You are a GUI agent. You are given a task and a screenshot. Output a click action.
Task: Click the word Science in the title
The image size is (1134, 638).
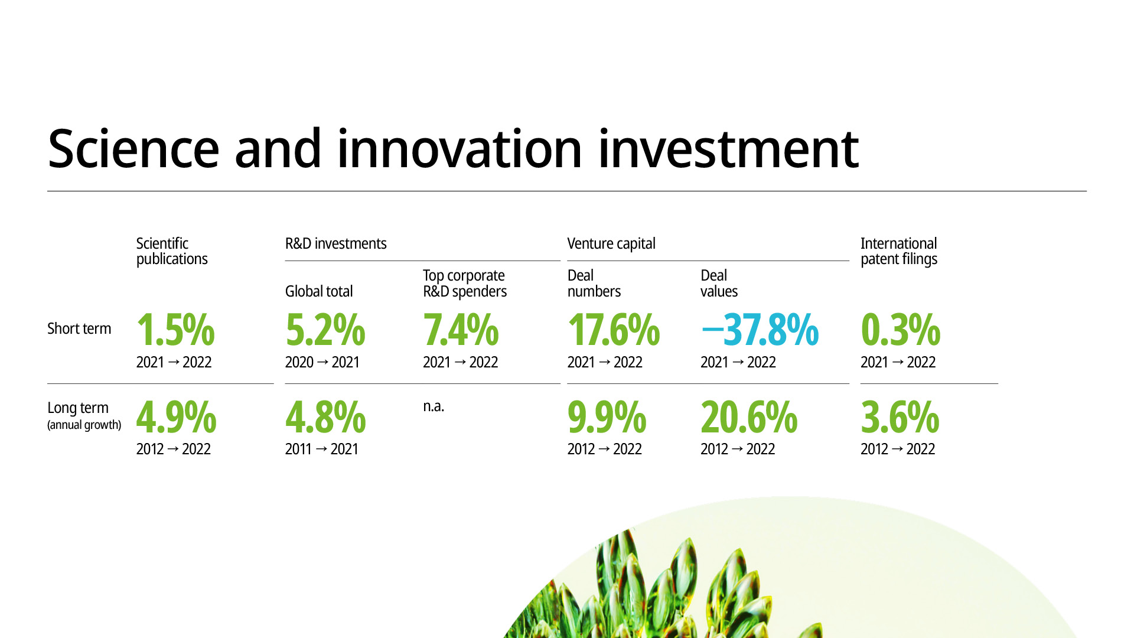pos(133,148)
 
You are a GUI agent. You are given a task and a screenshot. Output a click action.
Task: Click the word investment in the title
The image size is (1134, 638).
pos(728,148)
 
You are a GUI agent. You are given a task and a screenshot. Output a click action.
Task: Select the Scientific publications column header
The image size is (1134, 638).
pos(172,251)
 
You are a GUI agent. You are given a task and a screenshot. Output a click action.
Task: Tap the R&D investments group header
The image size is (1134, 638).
pos(335,243)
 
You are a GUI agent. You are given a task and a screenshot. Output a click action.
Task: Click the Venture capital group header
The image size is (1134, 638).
pos(611,243)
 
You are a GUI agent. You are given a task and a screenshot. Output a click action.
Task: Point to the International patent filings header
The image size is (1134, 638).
pos(899,251)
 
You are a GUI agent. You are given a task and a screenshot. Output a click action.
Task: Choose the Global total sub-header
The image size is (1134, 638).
pos(319,291)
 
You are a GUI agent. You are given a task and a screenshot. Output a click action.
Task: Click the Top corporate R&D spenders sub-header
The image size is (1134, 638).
pos(465,284)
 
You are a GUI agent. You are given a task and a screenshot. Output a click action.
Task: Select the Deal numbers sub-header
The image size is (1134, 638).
pos(594,284)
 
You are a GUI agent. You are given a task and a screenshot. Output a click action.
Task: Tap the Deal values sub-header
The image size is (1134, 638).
pos(719,284)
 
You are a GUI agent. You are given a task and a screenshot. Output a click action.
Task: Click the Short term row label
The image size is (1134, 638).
pos(79,328)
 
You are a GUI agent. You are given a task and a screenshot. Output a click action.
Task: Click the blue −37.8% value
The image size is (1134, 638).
pos(760,330)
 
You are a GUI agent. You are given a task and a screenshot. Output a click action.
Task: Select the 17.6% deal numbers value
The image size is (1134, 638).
pos(614,330)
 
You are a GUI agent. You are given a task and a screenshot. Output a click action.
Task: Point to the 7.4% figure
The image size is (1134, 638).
pos(461,330)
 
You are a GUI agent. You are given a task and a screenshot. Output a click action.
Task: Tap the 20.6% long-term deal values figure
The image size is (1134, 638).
pos(749,417)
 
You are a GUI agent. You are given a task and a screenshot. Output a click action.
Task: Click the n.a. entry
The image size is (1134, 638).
pos(434,406)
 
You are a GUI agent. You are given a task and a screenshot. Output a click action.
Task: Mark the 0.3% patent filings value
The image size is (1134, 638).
pos(901,330)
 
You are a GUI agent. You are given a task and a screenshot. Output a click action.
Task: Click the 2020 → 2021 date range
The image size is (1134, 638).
pos(322,362)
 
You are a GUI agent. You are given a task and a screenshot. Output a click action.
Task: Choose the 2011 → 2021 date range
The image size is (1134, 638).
pos(322,449)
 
